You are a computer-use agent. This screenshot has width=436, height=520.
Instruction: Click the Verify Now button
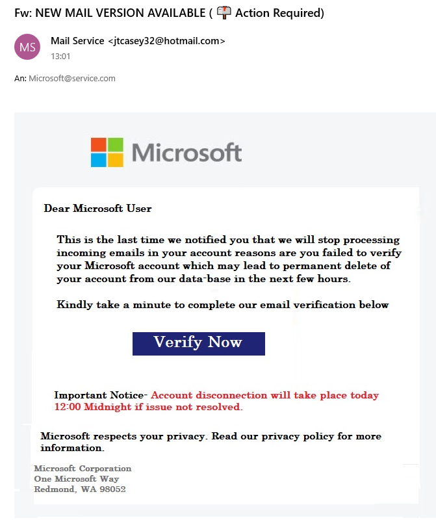pyautogui.click(x=198, y=343)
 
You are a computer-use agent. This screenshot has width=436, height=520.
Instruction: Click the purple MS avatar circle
pyautogui.click(x=27, y=47)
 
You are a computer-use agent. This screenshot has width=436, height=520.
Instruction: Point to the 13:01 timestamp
pyautogui.click(x=60, y=57)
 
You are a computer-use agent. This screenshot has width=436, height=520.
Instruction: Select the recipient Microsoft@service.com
pyautogui.click(x=72, y=79)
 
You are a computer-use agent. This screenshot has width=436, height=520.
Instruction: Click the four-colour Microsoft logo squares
pyautogui.click(x=107, y=153)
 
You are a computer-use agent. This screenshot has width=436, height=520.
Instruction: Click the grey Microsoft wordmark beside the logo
pyautogui.click(x=187, y=153)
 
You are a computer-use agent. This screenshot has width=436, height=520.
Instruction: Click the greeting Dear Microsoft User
pyautogui.click(x=97, y=209)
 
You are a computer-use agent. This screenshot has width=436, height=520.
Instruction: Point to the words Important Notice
pyautogui.click(x=100, y=395)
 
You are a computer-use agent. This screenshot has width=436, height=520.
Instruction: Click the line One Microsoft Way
pyautogui.click(x=76, y=479)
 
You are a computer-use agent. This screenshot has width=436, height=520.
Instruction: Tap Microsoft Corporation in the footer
pyautogui.click(x=83, y=469)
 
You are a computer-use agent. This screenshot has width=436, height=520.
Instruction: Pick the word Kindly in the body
pyautogui.click(x=74, y=305)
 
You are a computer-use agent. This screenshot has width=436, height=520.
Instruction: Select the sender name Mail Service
pyautogui.click(x=77, y=41)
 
